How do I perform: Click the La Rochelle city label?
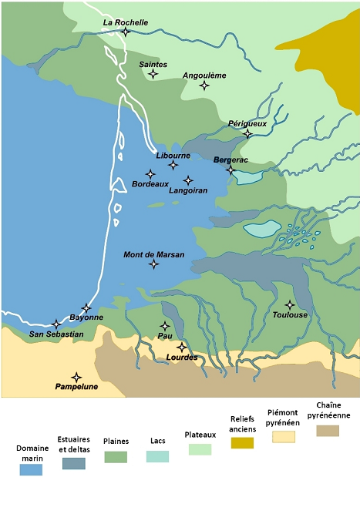point(126,23)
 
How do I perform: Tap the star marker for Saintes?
point(153,74)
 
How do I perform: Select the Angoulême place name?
point(204,76)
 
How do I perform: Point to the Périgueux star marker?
point(247,134)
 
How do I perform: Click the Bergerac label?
point(230,160)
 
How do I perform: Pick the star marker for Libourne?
point(173,165)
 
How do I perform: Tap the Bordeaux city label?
point(150,184)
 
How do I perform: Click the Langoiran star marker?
point(188,180)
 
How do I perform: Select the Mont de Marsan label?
point(153,254)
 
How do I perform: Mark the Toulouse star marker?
point(290,304)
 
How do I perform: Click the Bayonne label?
point(86,317)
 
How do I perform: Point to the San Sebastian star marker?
point(56,324)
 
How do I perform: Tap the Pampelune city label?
point(75,387)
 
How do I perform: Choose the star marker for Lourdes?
point(182,347)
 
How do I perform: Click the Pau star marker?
point(164,326)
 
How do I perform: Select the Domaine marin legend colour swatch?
point(31,470)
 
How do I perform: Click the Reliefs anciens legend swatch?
point(241,442)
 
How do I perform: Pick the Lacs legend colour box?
point(158,456)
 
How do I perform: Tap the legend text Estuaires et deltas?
point(73,445)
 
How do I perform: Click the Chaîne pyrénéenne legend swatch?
point(328,431)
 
